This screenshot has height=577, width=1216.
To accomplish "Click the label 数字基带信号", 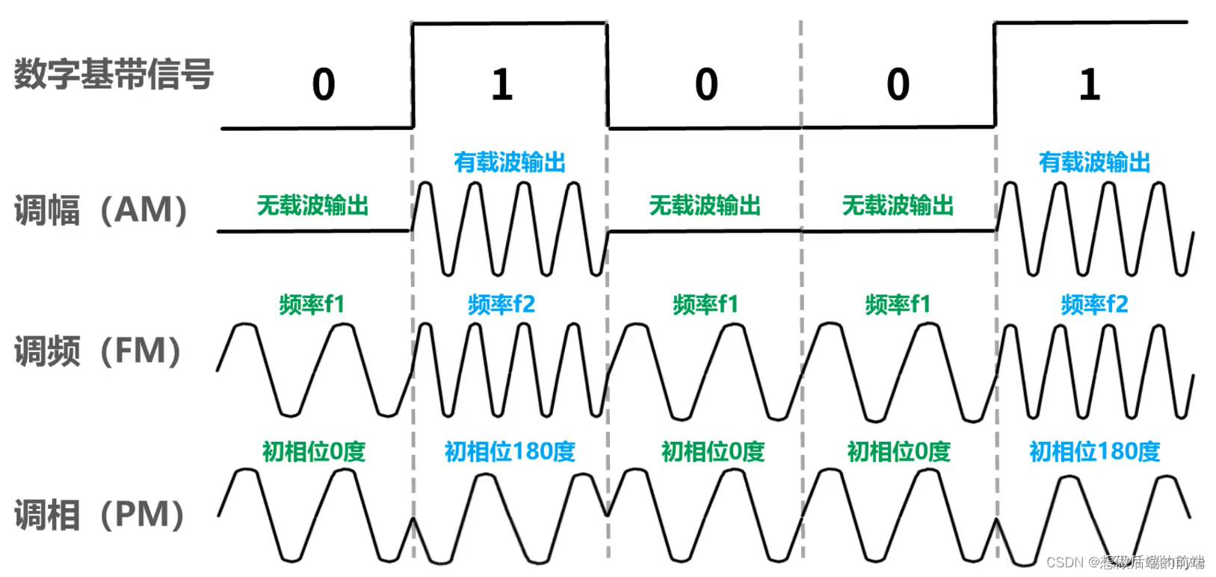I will (114, 74).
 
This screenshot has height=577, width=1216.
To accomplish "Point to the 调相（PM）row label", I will (99, 515).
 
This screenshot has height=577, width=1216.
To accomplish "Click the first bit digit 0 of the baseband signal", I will (324, 84).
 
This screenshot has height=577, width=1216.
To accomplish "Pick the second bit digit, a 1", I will (502, 84).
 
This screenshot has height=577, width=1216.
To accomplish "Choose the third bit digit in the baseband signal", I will (706, 84).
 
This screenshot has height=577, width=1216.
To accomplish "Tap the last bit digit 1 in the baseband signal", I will (1090, 84).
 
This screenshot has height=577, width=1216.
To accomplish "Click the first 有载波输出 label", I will (510, 162).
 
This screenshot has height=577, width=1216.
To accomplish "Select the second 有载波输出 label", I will (1094, 162).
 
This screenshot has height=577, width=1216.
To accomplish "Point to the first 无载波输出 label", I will (312, 205).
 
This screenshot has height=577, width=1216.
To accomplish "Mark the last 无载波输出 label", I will (898, 205).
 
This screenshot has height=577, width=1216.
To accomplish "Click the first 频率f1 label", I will (312, 304).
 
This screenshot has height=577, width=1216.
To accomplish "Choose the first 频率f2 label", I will (501, 304).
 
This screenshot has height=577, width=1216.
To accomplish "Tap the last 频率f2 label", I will (1094, 304).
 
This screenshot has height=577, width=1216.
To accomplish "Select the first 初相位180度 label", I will (510, 451).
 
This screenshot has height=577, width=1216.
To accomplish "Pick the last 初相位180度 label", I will (1094, 451).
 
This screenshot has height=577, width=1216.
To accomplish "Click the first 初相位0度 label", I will (313, 451).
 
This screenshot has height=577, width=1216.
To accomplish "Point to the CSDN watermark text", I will (1125, 562).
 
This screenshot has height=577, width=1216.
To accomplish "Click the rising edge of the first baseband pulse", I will (413, 75).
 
